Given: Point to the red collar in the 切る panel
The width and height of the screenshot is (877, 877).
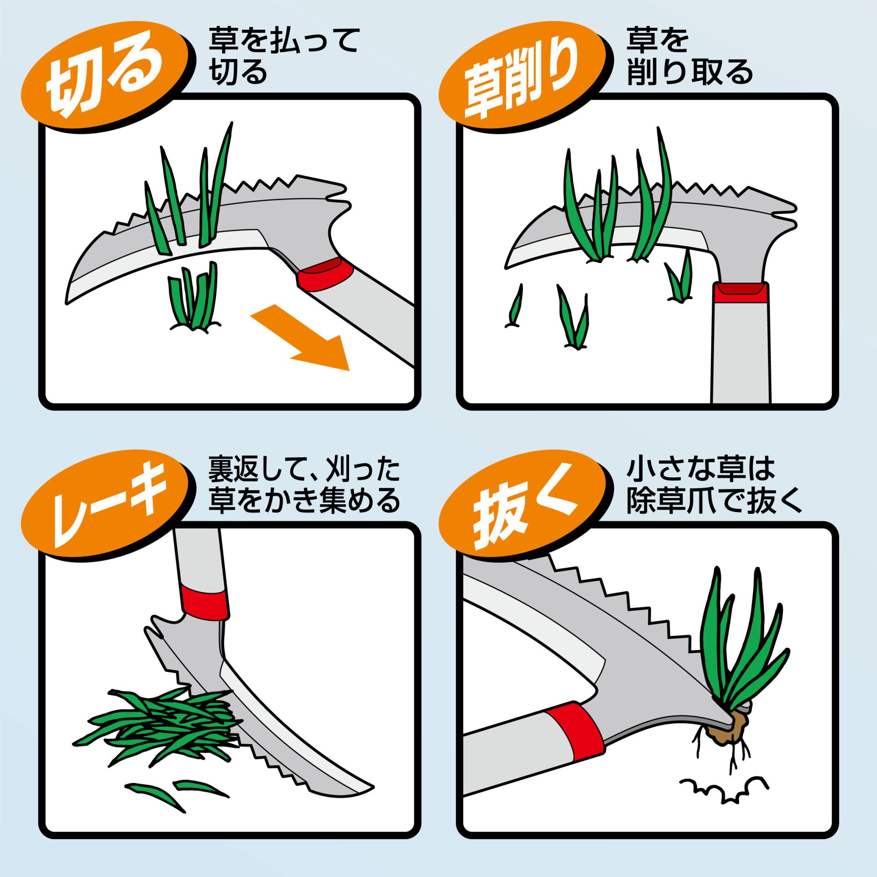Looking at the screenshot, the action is [x=325, y=273].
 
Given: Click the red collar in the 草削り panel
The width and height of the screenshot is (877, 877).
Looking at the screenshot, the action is [x=741, y=292].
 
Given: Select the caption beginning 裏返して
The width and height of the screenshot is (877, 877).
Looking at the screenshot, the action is [x=304, y=485].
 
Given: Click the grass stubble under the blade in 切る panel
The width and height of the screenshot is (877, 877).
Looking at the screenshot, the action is [x=194, y=297].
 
